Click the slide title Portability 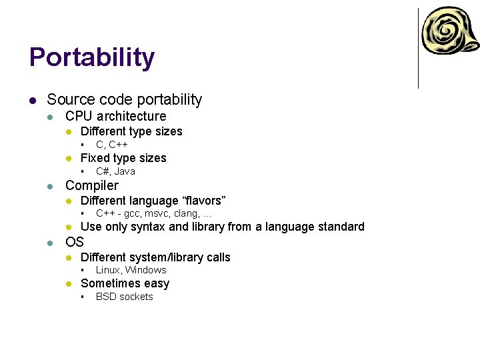(x=92, y=58)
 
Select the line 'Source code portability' (x=124, y=100)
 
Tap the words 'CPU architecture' (x=115, y=116)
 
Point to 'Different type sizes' (x=131, y=131)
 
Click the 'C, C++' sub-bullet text (x=112, y=145)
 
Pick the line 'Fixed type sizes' (x=123, y=158)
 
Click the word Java (x=125, y=171)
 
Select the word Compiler (x=92, y=185)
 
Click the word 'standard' (x=340, y=227)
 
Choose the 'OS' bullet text (x=75, y=241)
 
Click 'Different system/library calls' (x=155, y=257)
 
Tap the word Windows (x=146, y=270)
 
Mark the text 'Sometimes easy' (x=125, y=283)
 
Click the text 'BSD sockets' (x=125, y=297)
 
